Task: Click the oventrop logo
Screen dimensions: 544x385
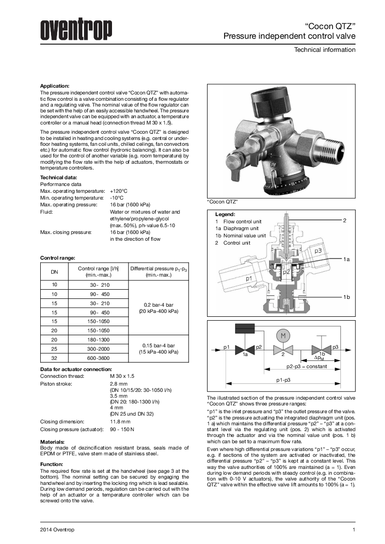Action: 76,31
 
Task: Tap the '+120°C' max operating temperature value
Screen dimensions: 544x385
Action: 119,191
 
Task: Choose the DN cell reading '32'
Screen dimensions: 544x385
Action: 54,358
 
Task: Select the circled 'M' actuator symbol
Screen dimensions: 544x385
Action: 282,336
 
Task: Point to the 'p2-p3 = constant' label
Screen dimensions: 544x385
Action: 306,366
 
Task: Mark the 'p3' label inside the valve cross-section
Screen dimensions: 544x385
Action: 317,251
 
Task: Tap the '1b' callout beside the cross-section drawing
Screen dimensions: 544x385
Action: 346,296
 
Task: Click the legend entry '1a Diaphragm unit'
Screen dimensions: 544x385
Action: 237,228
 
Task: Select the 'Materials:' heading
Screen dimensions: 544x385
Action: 52,442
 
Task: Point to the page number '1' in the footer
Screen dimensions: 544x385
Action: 354,529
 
